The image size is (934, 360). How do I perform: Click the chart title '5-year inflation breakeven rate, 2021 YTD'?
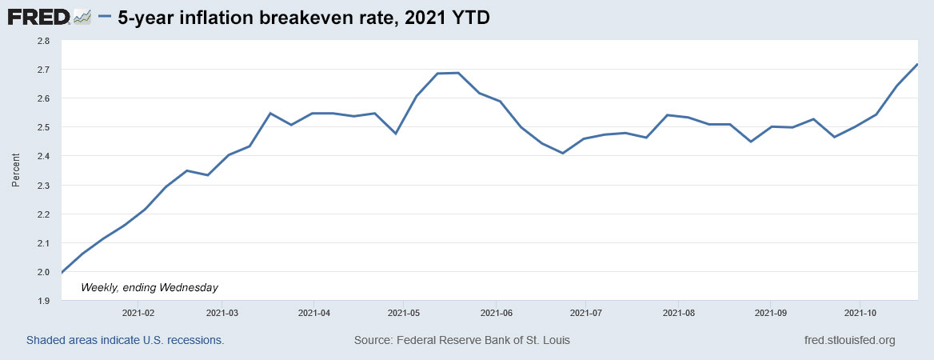303,18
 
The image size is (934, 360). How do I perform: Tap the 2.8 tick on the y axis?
43,41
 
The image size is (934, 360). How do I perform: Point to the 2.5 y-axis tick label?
43,127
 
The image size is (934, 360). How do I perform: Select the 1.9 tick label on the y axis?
43,301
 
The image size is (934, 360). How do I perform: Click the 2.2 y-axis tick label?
43,214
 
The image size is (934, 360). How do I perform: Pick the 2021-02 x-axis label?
138,312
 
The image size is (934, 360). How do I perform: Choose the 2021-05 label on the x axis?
404,312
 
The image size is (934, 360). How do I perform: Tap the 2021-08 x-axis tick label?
678,312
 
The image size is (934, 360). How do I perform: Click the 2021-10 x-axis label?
860,312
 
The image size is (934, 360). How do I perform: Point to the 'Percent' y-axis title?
15,170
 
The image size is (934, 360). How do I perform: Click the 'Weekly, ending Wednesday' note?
150,286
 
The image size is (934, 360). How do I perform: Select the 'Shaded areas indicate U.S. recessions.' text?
125,340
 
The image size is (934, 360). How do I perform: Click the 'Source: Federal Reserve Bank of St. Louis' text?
462,340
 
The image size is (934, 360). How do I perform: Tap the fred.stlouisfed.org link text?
849,340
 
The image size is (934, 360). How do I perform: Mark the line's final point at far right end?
916,64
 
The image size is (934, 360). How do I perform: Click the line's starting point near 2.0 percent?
62,273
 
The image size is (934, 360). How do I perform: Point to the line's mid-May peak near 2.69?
457,73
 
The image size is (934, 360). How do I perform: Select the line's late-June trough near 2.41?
563,153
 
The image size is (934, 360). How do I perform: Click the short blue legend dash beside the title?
105,17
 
